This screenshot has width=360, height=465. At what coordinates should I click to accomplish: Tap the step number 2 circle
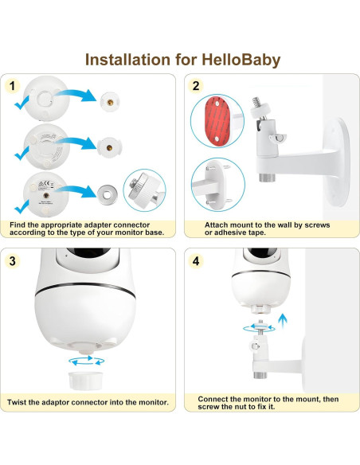click(195, 86)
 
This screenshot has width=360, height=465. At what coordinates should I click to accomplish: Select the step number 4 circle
click(195, 261)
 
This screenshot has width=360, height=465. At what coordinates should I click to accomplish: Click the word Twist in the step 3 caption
click(21, 403)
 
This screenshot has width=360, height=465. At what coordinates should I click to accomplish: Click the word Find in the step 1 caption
click(17, 226)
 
